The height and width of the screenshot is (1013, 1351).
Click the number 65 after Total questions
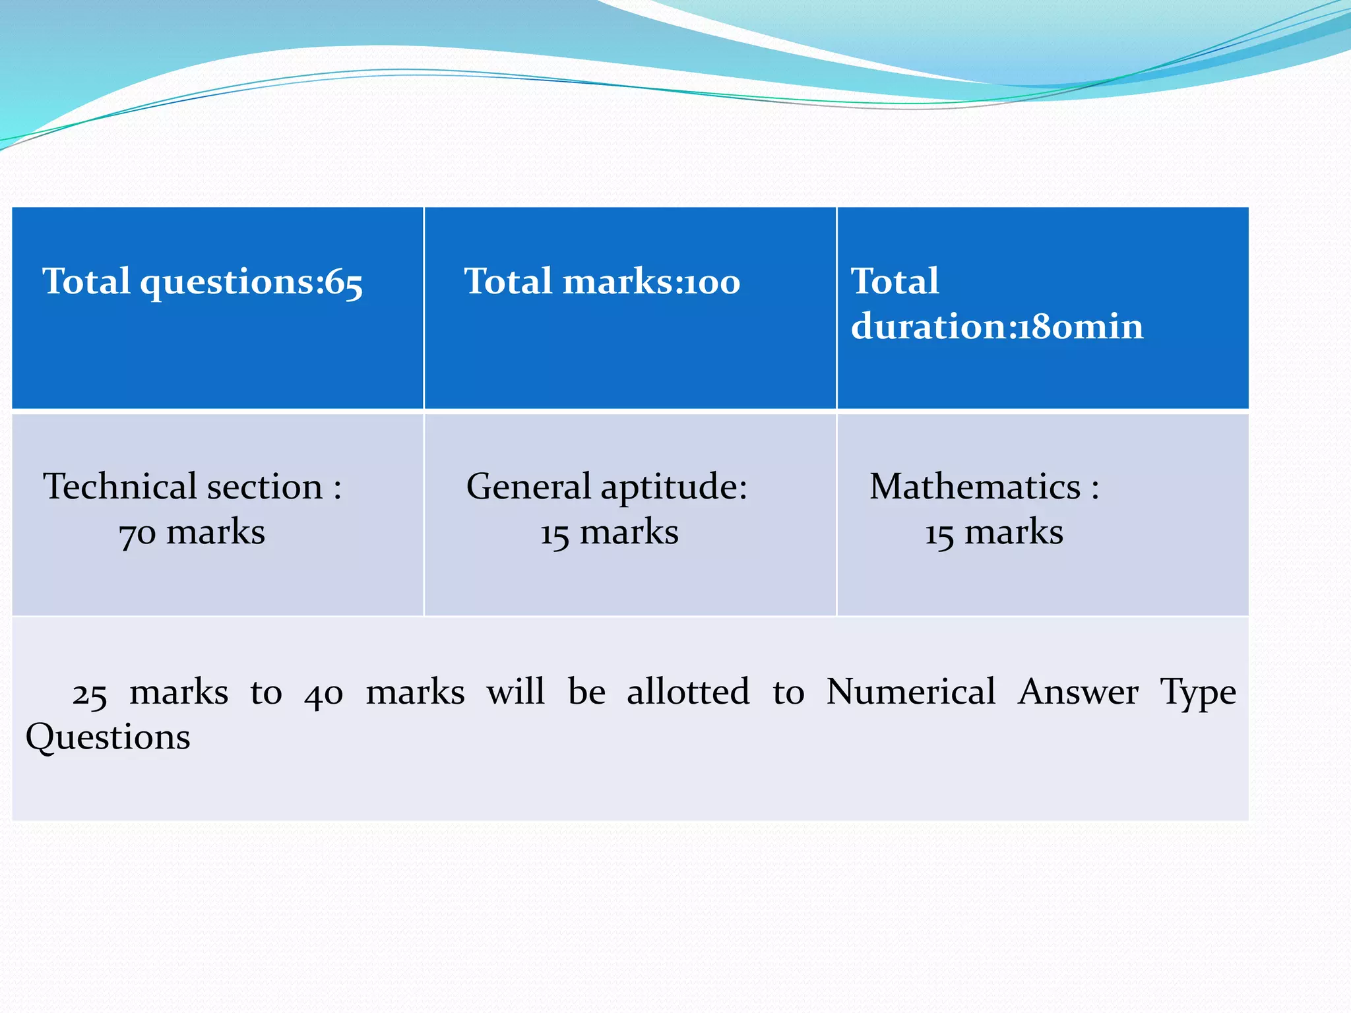pyautogui.click(x=344, y=283)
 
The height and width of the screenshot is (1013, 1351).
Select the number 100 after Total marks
pyautogui.click(x=712, y=283)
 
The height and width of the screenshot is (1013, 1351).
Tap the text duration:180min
pyautogui.click(x=996, y=326)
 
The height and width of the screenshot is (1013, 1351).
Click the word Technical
pyautogui.click(x=119, y=487)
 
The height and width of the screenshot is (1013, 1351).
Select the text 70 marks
pyautogui.click(x=192, y=532)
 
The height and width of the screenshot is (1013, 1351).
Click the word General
pyautogui.click(x=528, y=487)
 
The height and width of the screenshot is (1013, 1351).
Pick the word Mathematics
pyautogui.click(x=975, y=487)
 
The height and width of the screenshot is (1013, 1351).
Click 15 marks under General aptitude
pyautogui.click(x=609, y=532)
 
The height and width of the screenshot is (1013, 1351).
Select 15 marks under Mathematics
pyautogui.click(x=993, y=532)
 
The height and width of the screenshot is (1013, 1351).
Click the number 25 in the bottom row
pyautogui.click(x=89, y=694)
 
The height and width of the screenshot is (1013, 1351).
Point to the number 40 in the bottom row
pyautogui.click(x=323, y=694)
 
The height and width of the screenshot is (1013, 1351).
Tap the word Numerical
pyautogui.click(x=910, y=692)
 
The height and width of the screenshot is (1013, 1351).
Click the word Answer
pyautogui.click(x=1078, y=692)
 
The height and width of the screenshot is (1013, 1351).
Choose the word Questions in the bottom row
pyautogui.click(x=108, y=737)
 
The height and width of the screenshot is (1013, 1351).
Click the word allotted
pyautogui.click(x=688, y=692)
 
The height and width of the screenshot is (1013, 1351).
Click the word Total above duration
pyautogui.click(x=895, y=282)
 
